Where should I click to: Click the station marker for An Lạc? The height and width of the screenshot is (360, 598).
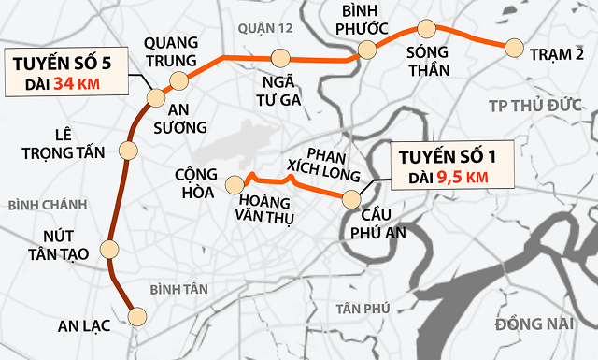138,316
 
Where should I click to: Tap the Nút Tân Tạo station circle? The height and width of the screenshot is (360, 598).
110,249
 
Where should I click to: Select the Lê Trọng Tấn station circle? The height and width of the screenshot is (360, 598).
129,150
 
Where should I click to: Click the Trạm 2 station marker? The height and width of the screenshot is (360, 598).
512,47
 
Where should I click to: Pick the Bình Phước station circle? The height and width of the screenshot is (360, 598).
368,50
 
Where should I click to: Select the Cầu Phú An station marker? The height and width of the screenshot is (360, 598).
351,199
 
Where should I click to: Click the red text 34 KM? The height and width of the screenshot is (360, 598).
77,83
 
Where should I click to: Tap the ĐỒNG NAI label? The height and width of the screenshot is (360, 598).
534,324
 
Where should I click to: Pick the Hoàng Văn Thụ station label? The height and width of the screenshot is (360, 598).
267,210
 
